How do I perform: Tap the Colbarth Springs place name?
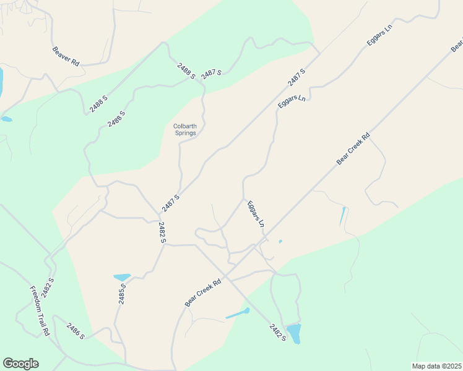click(184, 130)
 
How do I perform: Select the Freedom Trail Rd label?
click(40, 310)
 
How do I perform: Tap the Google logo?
click(20, 364)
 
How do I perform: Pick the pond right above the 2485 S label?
click(122, 277)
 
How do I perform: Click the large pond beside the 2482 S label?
click(293, 333)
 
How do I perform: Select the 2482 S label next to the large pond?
click(277, 331)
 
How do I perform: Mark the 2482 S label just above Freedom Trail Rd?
click(48, 288)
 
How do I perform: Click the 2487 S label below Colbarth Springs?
click(171, 202)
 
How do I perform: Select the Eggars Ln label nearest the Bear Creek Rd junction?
click(256, 213)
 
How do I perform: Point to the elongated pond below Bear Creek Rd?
click(238, 313)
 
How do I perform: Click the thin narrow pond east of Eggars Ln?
click(342, 215)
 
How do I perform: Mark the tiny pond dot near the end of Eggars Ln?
click(280, 241)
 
